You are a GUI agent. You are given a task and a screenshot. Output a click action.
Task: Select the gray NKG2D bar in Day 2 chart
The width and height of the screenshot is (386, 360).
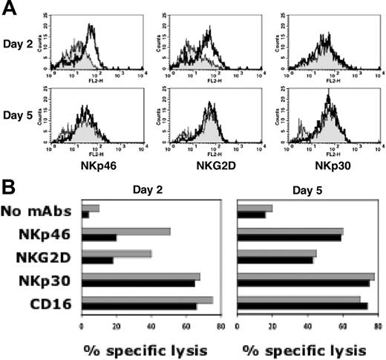pos(117,254)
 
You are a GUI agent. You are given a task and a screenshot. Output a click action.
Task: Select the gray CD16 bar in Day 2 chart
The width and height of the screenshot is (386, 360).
pos(147,299)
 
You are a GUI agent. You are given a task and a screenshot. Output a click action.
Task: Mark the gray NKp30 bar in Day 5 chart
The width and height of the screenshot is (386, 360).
pos(305,277)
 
